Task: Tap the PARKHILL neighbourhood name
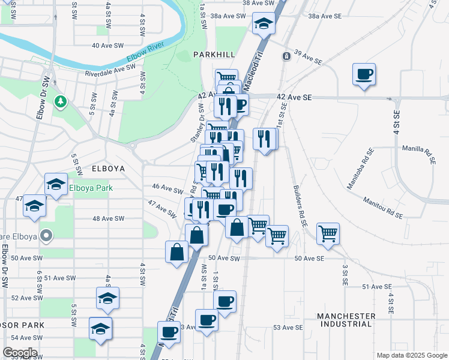coord(214,55)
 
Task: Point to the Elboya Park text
coord(91,187)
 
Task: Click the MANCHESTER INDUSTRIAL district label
coord(346,320)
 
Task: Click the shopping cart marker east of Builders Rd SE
coord(328,233)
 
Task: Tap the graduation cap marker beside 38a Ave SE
coord(263,24)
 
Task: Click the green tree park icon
coord(60,102)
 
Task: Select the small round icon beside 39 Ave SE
coord(286,56)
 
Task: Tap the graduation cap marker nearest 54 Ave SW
coord(100,328)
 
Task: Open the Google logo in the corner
coord(20,353)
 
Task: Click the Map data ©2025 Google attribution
coord(411,355)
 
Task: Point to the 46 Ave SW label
coord(167,190)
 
